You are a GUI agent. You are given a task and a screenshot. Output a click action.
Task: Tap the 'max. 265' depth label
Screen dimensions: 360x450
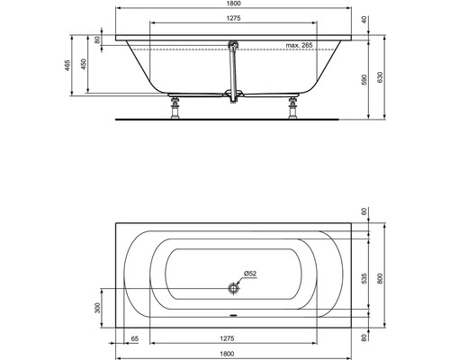pos(305,45)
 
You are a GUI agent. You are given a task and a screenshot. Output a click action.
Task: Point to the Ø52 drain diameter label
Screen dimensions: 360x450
pos(250,274)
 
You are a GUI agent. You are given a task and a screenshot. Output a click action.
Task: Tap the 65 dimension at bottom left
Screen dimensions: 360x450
pos(134,339)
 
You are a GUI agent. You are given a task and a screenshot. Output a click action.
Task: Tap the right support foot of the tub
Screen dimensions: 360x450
pos(292,111)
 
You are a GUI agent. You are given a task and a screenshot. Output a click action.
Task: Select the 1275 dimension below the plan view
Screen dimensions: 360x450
pos(234,339)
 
